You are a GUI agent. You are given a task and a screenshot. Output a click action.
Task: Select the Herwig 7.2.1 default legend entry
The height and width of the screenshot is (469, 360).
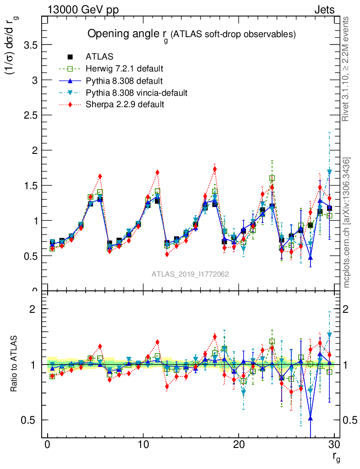click(124, 69)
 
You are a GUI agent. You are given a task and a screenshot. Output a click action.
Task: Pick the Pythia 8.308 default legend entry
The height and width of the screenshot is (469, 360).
click(124, 81)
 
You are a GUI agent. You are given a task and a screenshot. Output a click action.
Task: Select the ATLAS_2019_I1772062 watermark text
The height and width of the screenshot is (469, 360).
click(190, 274)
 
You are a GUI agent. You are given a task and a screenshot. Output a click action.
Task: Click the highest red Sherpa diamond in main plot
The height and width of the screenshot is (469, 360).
click(215, 169)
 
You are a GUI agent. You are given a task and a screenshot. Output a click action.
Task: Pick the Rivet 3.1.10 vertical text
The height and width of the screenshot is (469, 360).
click(347, 69)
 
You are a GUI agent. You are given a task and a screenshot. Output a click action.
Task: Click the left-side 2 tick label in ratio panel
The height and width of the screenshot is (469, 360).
click(32, 309)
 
